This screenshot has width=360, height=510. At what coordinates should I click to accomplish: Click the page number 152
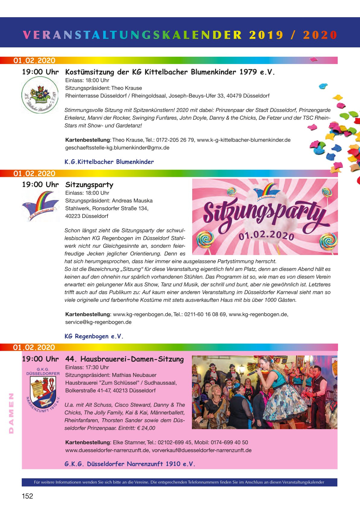point(27,496)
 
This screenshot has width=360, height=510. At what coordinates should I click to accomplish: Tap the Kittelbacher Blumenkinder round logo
point(40,95)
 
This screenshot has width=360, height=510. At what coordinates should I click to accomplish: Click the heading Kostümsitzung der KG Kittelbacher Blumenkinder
point(170,72)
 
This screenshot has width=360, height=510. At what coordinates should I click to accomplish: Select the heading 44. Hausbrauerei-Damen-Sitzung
point(124,359)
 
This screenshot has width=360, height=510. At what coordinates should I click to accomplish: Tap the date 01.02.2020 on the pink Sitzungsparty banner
point(266,235)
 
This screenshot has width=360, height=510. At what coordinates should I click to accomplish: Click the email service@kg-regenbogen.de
point(98,322)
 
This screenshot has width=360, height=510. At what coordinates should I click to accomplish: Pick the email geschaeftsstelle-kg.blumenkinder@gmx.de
point(117,148)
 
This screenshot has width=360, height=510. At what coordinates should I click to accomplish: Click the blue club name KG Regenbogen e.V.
point(94,336)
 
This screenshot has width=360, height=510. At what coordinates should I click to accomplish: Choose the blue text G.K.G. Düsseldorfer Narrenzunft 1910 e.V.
point(130,464)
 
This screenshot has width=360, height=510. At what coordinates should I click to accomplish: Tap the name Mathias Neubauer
point(134,375)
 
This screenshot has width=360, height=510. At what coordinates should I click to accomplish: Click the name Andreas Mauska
point(132,201)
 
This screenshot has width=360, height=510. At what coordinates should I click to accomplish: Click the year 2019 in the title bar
point(266,35)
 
